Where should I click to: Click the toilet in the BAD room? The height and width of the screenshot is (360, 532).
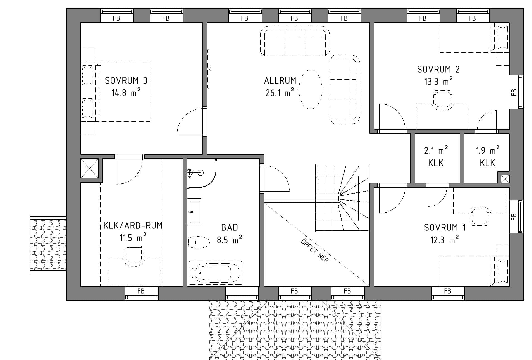199,242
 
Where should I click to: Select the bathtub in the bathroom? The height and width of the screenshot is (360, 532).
216,273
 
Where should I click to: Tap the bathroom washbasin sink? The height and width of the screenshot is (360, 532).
194,211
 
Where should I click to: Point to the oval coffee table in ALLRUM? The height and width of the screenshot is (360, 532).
310,89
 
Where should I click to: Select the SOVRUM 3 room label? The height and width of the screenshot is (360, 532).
126,81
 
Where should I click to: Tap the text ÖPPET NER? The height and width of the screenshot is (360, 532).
315,251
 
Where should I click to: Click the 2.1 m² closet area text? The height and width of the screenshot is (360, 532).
436,150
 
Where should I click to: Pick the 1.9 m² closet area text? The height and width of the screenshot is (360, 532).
488,150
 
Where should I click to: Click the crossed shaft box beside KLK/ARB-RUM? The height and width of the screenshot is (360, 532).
90,168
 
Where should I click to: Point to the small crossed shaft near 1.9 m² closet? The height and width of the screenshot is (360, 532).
505,179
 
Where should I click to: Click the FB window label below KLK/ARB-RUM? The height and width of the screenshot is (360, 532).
141,291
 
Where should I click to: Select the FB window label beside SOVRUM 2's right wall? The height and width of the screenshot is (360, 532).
514,92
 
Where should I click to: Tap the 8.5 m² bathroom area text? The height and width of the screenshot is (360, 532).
229,239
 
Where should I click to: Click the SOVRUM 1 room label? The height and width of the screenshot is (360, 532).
445,228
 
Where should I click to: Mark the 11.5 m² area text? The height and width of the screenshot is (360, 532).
133,238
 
